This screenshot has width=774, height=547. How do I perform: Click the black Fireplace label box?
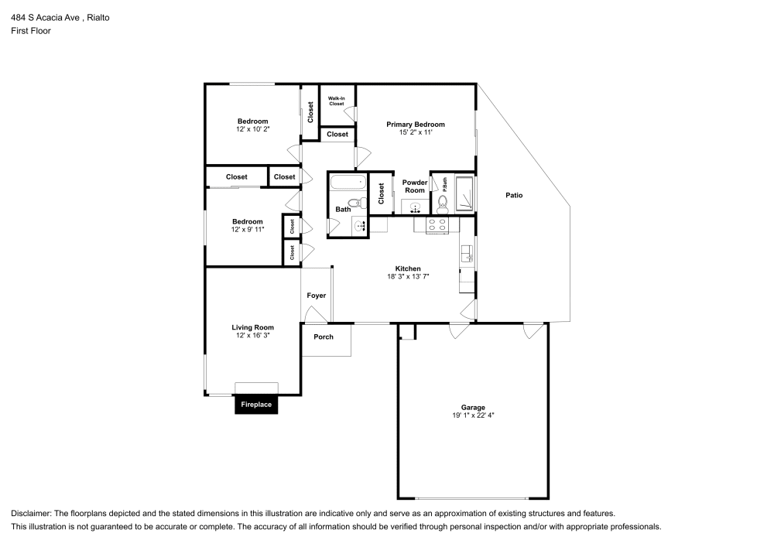coord(256,405)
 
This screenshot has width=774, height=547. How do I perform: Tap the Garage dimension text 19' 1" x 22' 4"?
coord(473,415)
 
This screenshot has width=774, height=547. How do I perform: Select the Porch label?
coord(324,337)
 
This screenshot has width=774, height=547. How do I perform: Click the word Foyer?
coord(316,296)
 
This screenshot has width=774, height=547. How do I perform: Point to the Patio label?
coord(514,195)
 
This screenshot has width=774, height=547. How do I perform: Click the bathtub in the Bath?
coord(346,183)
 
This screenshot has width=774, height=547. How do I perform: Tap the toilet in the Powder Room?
coord(443,204)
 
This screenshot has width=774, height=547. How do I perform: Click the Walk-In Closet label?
coord(336,101)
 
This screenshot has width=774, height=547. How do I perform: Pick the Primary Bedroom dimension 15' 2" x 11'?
coord(416,132)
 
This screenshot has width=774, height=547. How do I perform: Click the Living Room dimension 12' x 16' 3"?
coord(252,335)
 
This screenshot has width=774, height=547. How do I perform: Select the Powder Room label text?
coord(414,186)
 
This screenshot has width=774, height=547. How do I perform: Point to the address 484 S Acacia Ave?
coord(45,17)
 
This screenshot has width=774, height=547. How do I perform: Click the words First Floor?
coord(31,31)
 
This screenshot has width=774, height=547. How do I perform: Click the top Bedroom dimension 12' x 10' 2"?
coord(252,129)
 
